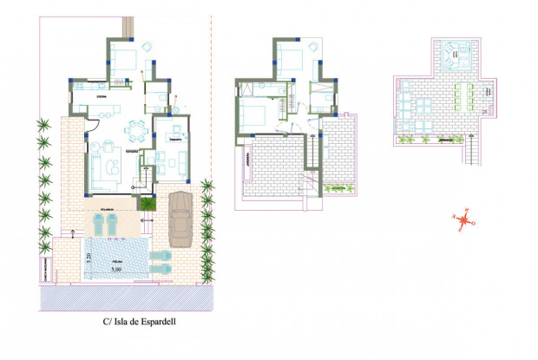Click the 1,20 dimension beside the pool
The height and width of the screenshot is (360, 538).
click(90, 257)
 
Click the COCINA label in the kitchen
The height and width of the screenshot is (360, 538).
click(102, 96)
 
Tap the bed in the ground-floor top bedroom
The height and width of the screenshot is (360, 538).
click(124, 61)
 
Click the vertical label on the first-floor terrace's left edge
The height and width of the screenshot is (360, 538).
click(246, 160)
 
